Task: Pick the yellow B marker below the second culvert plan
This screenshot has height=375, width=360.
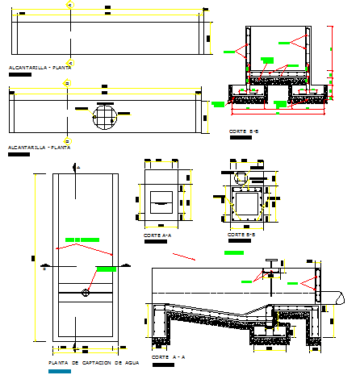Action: point(68,140)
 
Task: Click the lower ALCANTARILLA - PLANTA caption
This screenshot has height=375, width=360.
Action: point(38,148)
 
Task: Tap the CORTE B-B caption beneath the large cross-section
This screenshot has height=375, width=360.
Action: point(243,131)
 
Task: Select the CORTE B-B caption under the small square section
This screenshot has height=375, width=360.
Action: point(241,235)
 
